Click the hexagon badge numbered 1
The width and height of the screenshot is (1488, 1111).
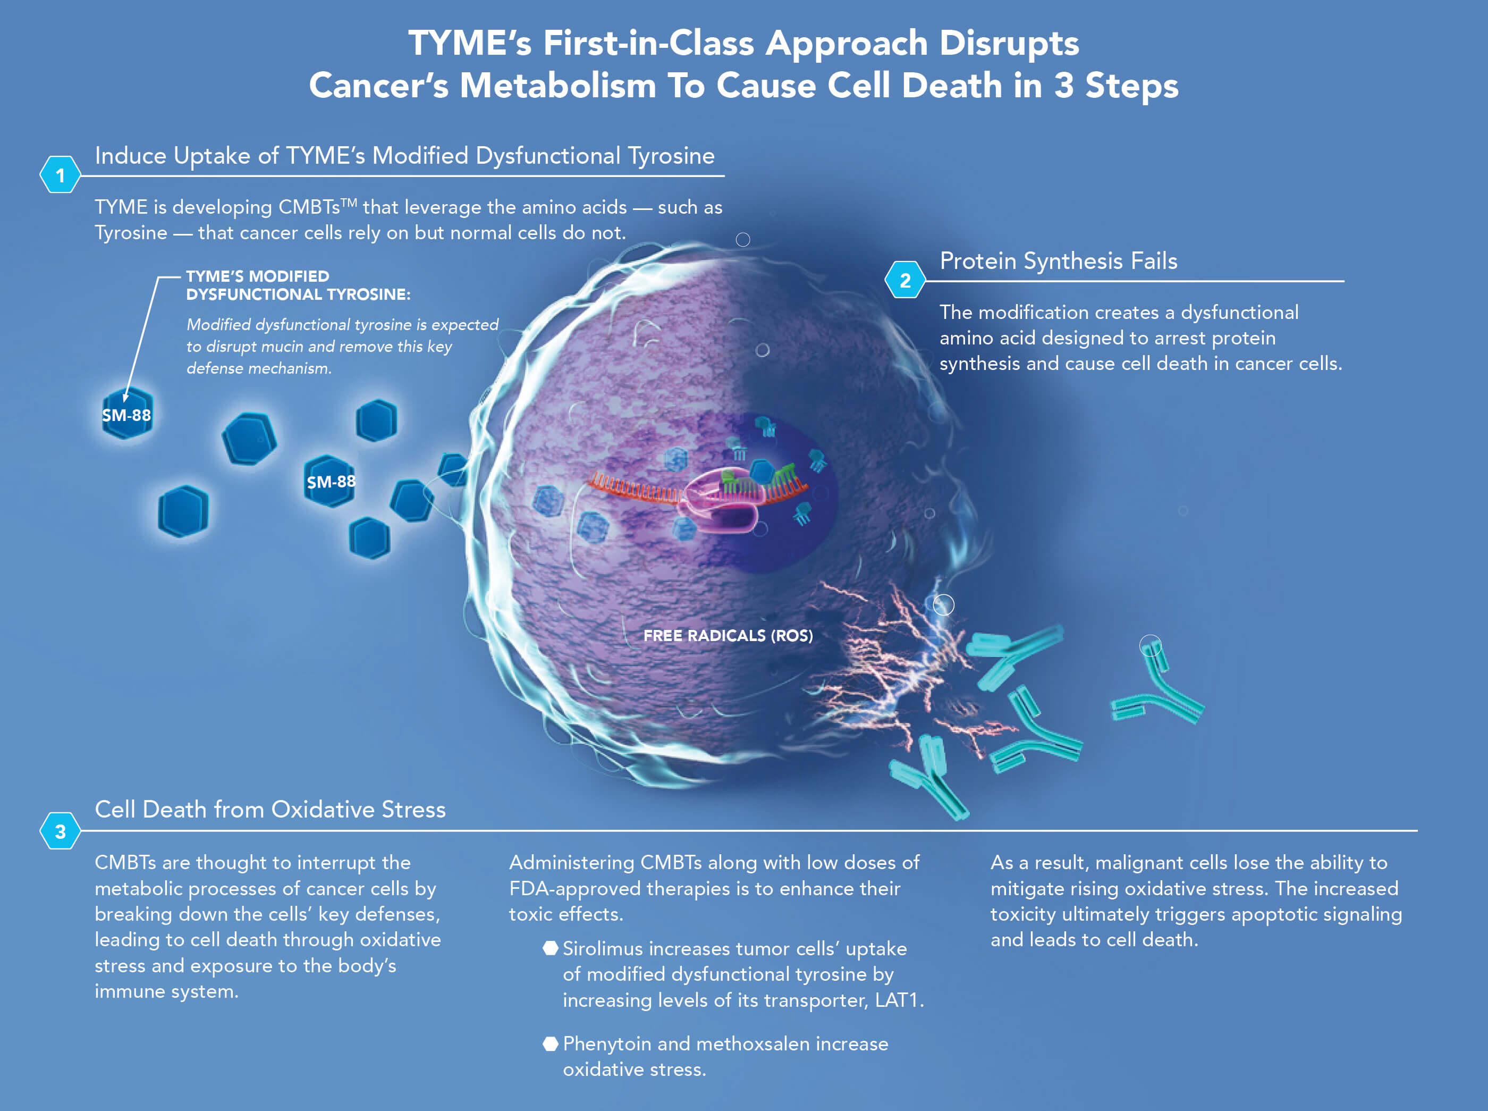pos(60,175)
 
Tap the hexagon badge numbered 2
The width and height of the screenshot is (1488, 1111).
pos(905,281)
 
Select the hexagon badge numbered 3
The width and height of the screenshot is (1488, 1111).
pos(60,831)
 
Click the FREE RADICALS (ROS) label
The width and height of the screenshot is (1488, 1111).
pos(728,636)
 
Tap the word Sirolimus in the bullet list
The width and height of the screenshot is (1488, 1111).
pos(603,949)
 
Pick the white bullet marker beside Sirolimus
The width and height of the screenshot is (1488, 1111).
pos(550,948)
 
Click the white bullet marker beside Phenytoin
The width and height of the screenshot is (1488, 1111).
pos(550,1043)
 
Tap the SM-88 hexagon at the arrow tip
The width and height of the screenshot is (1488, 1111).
pos(126,414)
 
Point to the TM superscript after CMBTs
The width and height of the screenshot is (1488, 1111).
pos(348,203)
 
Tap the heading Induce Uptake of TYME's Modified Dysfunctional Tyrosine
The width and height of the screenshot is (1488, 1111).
pos(404,155)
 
